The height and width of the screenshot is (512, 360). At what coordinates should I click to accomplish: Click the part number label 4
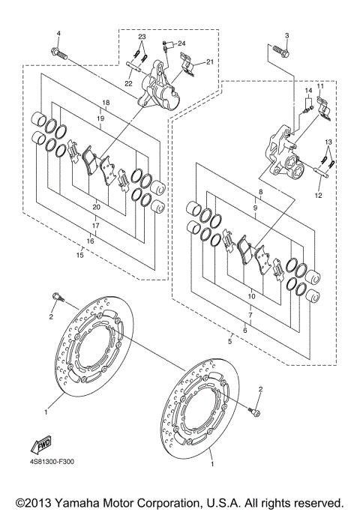tap(58, 34)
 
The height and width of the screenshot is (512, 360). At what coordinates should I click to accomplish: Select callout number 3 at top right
tap(286, 35)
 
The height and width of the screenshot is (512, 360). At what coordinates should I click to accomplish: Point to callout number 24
tap(181, 43)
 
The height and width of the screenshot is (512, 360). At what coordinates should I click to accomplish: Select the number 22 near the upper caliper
tap(128, 83)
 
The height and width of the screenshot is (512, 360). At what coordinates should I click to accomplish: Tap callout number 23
tap(141, 37)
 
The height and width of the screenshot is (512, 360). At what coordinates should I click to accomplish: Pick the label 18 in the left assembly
tap(106, 103)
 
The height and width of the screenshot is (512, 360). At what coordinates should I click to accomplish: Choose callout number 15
tap(81, 256)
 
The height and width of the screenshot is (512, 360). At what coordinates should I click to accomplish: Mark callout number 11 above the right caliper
tap(319, 87)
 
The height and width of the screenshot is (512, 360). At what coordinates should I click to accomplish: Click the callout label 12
tap(317, 196)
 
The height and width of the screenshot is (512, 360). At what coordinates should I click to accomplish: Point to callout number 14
tap(307, 91)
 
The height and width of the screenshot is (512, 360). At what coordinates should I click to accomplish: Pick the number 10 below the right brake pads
tap(251, 297)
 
